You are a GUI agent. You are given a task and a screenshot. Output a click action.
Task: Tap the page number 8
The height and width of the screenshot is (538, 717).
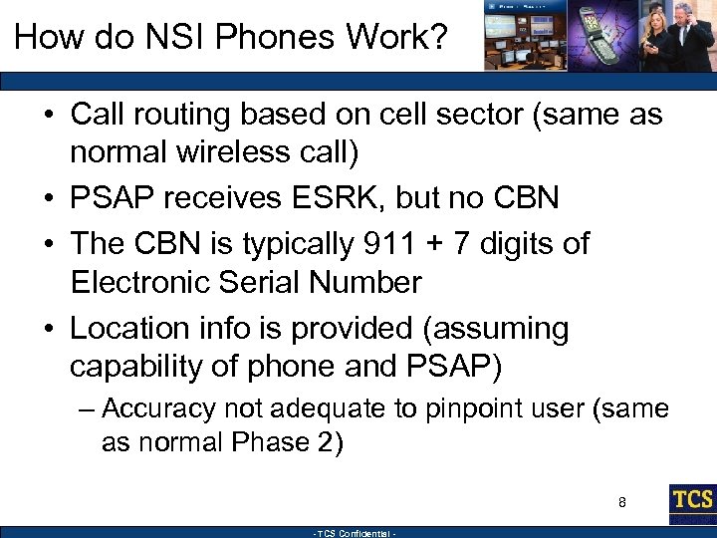point(621,502)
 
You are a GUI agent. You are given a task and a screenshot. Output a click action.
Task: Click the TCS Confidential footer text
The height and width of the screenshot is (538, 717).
point(356,533)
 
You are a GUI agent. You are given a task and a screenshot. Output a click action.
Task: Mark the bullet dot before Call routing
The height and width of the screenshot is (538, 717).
point(48,115)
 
